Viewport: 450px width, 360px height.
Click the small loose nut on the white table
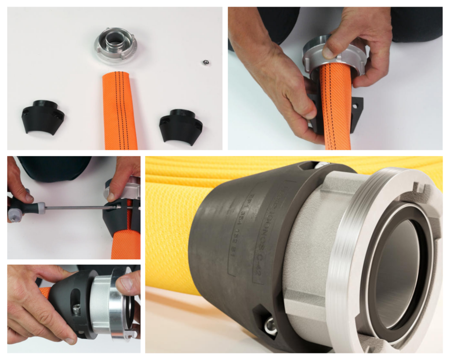pos(205,62)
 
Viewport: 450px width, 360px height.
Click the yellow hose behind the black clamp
pos(171,229)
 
